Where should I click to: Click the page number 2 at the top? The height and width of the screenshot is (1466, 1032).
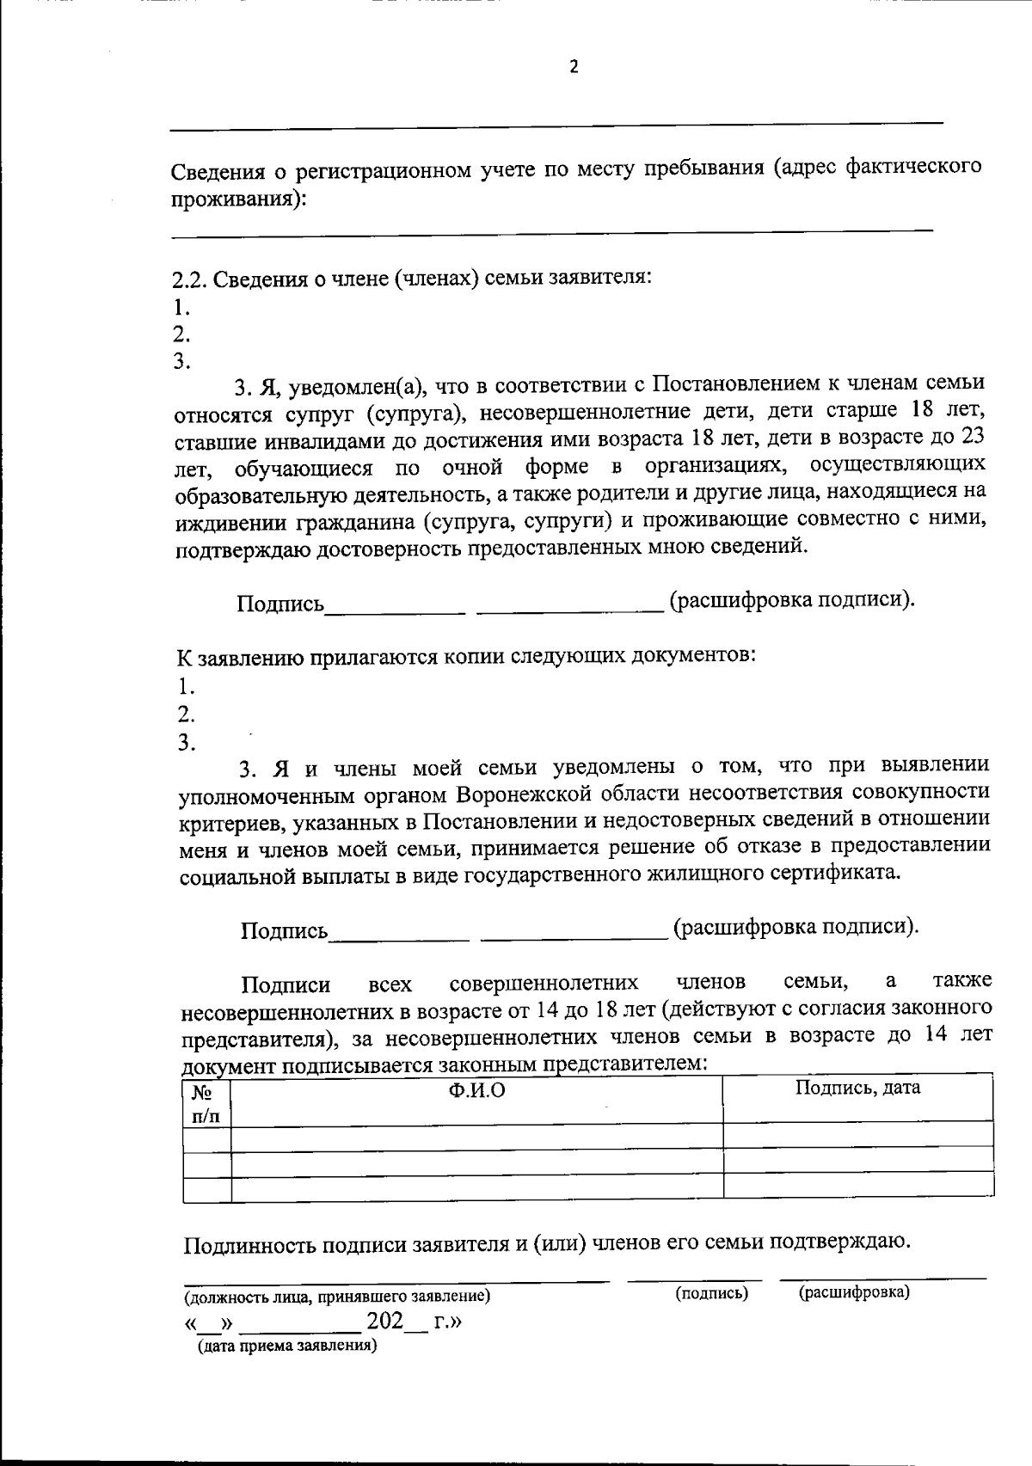click(574, 67)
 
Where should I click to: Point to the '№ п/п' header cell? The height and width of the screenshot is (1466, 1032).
click(206, 1103)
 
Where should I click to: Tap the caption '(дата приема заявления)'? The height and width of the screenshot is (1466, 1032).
click(287, 1346)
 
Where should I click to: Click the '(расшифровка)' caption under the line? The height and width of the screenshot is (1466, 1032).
click(853, 1292)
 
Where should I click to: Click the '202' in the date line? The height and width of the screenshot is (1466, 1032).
click(384, 1321)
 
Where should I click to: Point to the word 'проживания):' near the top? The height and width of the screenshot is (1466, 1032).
click(237, 199)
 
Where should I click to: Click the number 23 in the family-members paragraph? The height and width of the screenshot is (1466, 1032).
click(971, 437)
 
